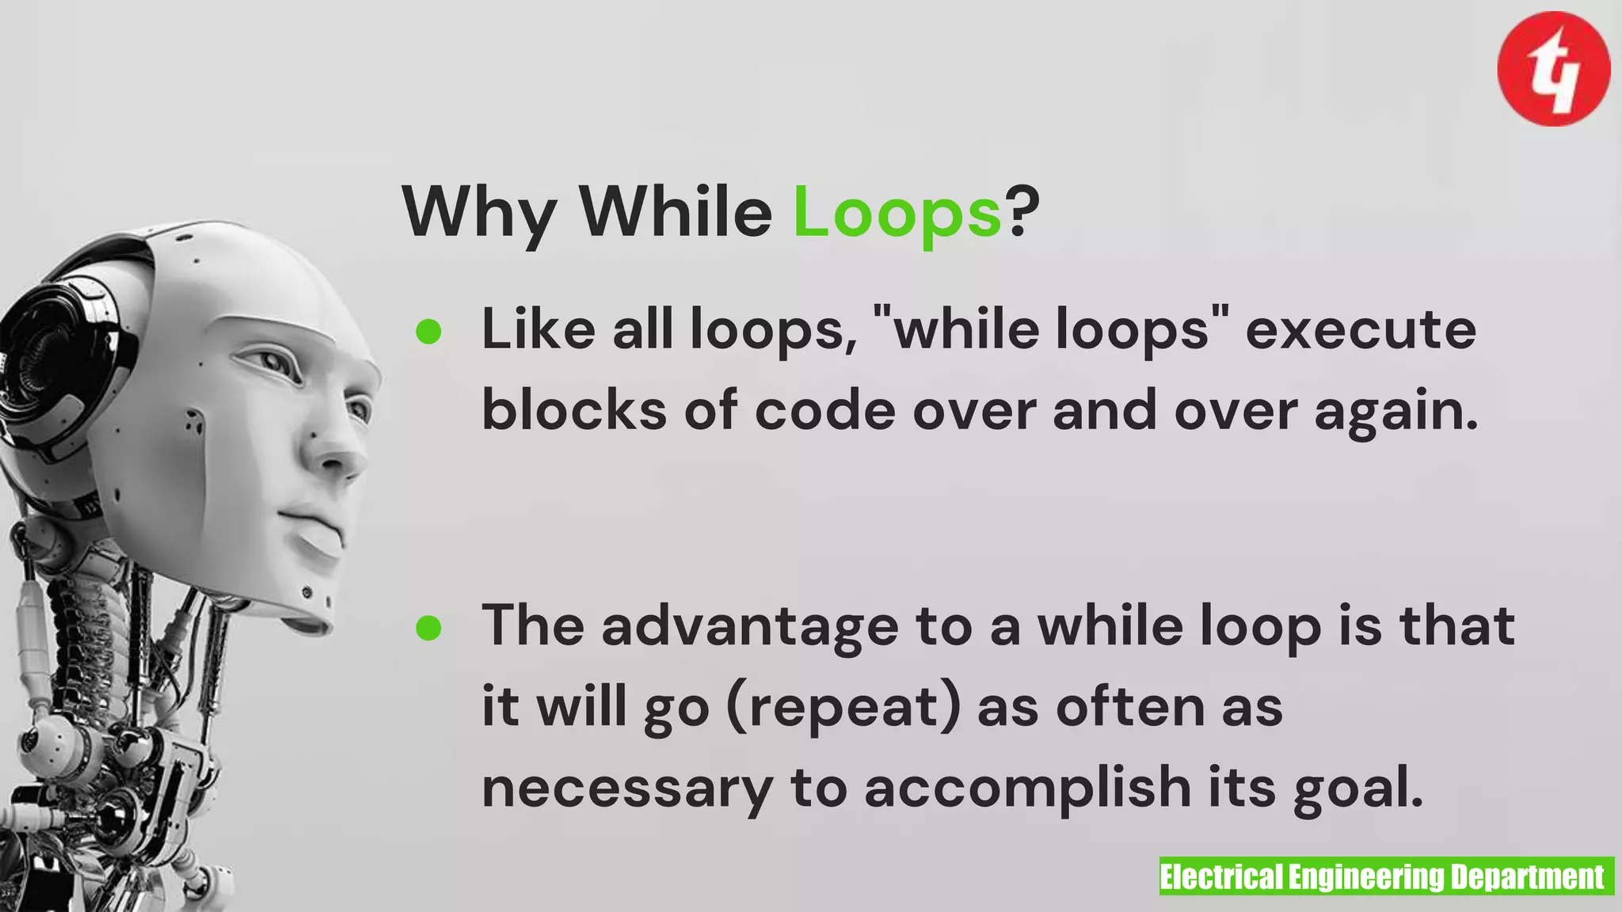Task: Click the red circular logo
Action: click(x=1553, y=69)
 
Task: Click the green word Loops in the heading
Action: click(x=897, y=212)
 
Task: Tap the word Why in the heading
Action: click(x=478, y=212)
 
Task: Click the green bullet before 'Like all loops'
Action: click(x=428, y=331)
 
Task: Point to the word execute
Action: click(x=1360, y=329)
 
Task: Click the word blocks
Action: click(x=574, y=410)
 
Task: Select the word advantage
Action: click(x=749, y=625)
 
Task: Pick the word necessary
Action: click(x=626, y=788)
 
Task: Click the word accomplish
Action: click(x=1027, y=788)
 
